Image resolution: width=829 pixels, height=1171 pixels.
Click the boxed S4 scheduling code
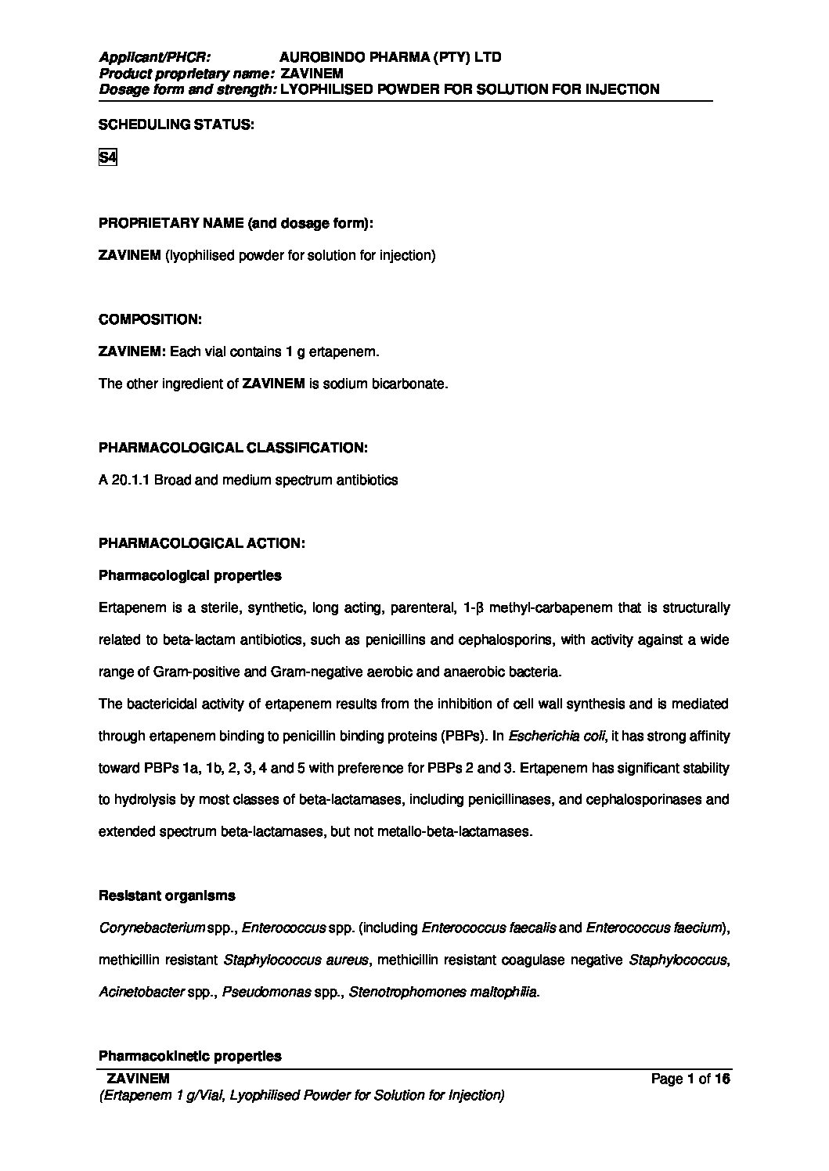[x=107, y=157]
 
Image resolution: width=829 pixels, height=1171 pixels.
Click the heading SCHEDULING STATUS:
[x=175, y=125]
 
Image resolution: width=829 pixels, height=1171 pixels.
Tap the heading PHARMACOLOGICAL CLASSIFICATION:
[x=232, y=448]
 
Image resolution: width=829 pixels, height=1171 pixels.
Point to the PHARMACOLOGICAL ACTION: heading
[x=201, y=542]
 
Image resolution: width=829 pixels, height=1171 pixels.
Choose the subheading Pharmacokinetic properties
[x=189, y=1056]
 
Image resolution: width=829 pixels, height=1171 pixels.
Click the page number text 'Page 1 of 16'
[x=690, y=1079]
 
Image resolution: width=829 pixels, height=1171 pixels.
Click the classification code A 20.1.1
[x=124, y=480]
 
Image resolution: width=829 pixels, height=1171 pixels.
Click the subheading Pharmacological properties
[x=189, y=575]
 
